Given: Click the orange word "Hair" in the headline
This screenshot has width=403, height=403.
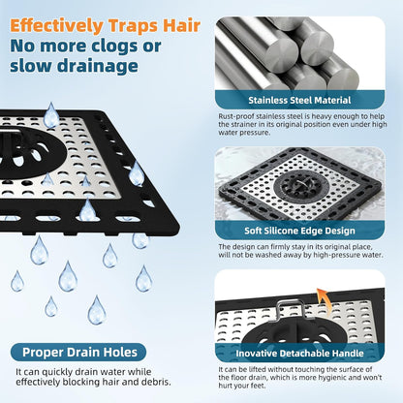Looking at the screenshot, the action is coord(182,25).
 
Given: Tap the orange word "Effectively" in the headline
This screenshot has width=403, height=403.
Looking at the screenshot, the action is coord(56,26).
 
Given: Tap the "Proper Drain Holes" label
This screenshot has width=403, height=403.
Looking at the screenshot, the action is coord(79,352).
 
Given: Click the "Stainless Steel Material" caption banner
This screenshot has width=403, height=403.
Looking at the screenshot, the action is coord(299,100).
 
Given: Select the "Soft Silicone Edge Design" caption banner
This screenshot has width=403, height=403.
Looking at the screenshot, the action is coord(299,231).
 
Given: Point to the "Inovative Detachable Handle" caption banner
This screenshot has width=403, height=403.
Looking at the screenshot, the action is coord(299,353).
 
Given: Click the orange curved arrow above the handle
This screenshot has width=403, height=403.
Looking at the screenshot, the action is coord(323,299).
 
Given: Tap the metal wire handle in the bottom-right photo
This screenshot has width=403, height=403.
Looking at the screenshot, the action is coord(291,309).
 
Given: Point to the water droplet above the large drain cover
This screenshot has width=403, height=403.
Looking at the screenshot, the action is coord(51,115).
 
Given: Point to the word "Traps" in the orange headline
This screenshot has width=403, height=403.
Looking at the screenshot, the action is coord(133,26).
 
